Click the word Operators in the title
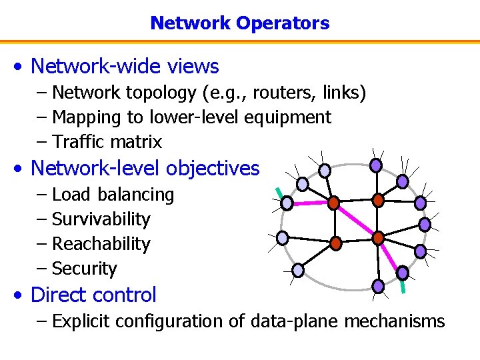(x=289, y=23)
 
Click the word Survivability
(x=101, y=219)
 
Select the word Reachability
(x=101, y=244)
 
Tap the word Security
(x=84, y=269)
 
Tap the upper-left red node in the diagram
(x=333, y=201)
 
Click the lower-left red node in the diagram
(x=336, y=243)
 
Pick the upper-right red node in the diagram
(x=377, y=199)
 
